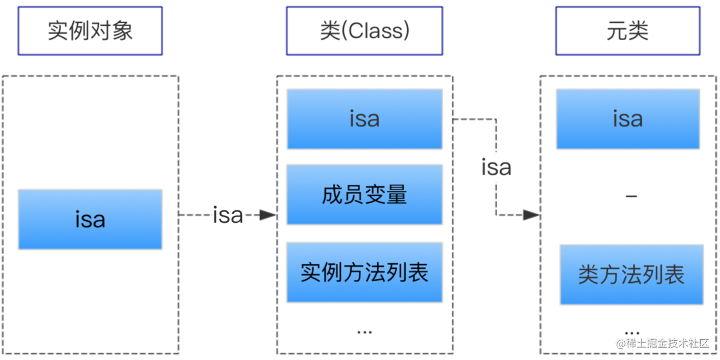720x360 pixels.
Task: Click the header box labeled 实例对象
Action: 90,31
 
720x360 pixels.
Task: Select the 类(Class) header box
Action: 364,31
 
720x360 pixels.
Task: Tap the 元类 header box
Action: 627,31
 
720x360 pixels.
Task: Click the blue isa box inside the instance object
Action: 90,219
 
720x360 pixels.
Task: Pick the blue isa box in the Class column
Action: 364,119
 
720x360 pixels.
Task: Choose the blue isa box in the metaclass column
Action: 627,119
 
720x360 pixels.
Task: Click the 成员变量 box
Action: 364,195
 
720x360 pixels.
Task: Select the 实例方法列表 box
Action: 364,272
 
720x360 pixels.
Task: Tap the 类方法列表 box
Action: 631,275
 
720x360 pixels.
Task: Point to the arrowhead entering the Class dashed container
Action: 268,215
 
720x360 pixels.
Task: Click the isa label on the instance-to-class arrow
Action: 228,215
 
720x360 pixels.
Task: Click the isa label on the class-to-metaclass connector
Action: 496,167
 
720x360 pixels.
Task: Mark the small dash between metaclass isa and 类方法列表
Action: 631,197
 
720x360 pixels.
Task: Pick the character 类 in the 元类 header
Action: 638,31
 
